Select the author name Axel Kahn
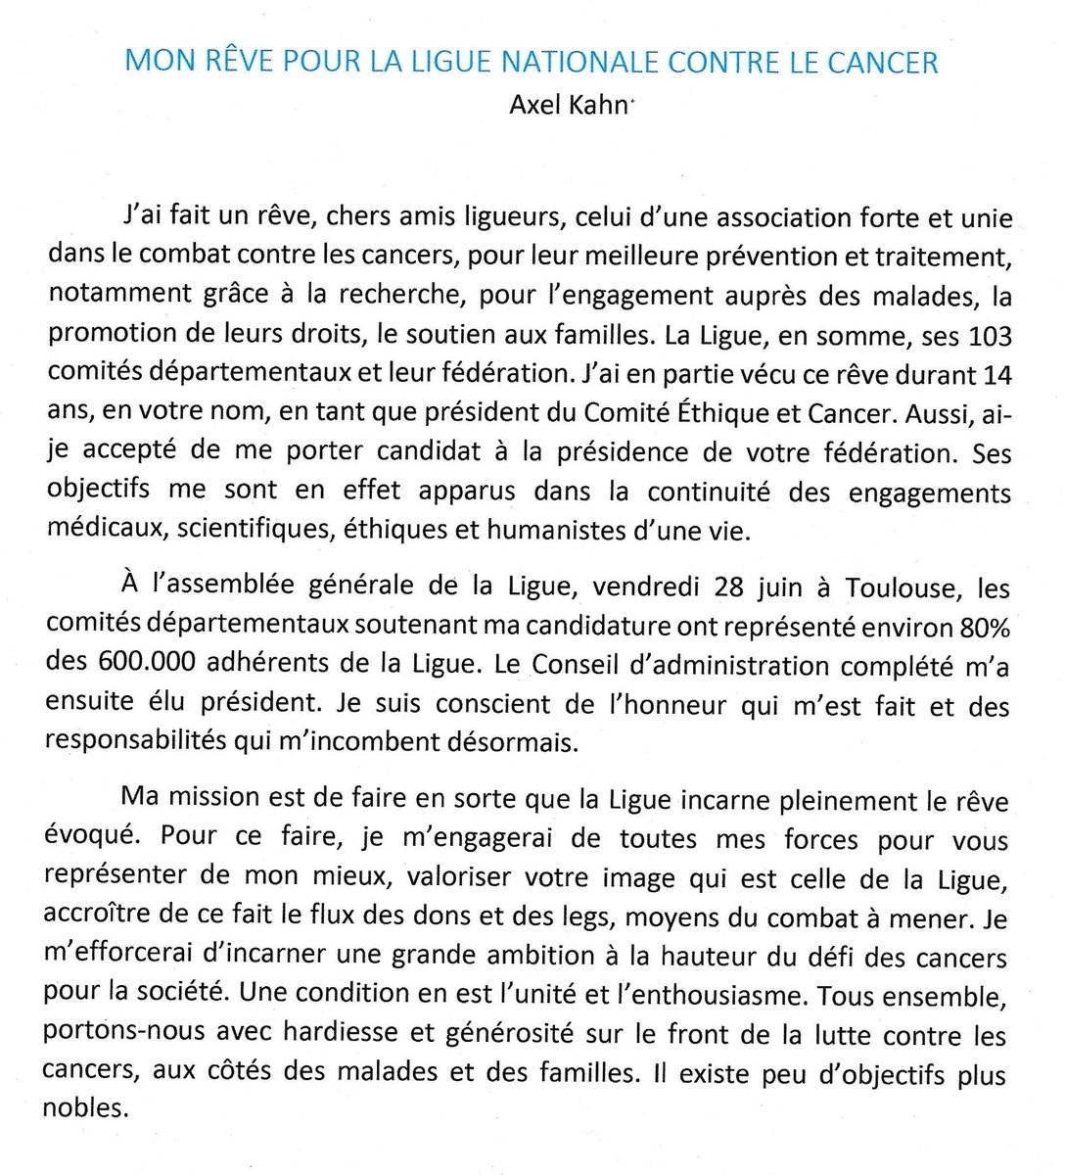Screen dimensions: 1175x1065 tap(569, 104)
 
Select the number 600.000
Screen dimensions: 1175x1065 tap(143, 666)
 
